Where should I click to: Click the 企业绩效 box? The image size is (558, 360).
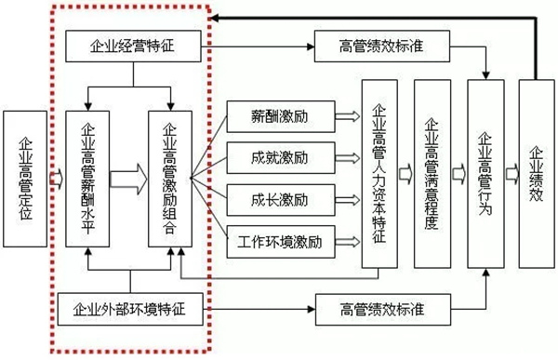click(x=537, y=172)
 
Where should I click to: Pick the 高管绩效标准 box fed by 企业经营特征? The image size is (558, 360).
click(x=382, y=44)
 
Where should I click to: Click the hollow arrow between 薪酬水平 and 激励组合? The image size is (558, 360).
click(x=129, y=175)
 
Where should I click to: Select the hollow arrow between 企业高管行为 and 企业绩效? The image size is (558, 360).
click(x=511, y=173)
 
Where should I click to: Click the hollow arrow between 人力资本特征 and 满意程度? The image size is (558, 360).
click(x=405, y=173)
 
